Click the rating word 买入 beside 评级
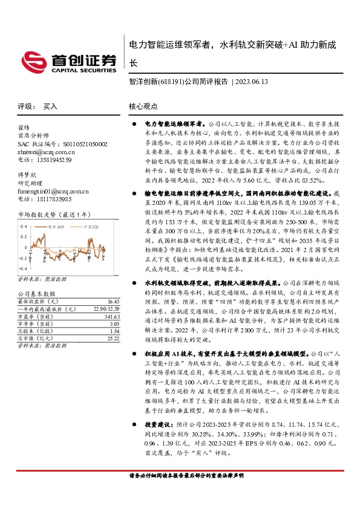[50, 106]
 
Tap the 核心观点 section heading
[143, 106]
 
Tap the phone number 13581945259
[53, 161]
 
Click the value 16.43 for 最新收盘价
[113, 301]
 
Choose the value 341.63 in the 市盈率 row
[111, 317]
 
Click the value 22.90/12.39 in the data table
[105, 309]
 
